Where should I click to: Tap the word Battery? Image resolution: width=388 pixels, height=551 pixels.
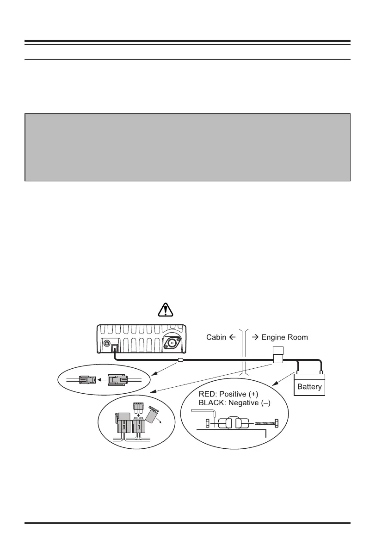pyautogui.click(x=309, y=387)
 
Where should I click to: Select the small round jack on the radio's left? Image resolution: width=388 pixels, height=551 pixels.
pyautogui.click(x=106, y=344)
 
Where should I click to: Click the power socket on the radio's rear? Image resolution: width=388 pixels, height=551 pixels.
pyautogui.click(x=115, y=346)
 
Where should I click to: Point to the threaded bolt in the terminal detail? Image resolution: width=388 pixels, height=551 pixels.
pyautogui.click(x=264, y=422)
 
